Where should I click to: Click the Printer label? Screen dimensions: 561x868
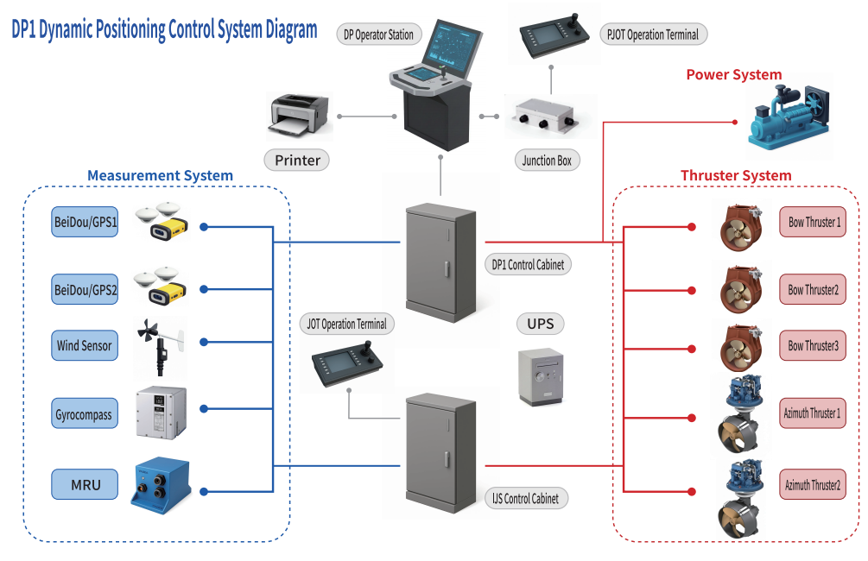point(297,160)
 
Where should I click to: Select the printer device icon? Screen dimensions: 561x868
point(299,116)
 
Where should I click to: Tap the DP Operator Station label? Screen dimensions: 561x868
point(379,35)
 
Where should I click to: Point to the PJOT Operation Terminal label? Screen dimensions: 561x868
point(653,35)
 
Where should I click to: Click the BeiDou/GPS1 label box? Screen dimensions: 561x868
point(86,221)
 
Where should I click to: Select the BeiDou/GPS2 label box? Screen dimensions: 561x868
point(86,289)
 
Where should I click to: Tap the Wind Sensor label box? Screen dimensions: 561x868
point(85,345)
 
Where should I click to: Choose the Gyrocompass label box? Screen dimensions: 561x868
point(84,414)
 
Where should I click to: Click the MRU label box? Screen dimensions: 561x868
point(85,484)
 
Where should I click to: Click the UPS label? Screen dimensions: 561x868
point(541,325)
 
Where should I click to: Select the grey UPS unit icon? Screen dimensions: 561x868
point(540,377)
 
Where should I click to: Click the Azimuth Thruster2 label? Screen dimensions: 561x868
point(813,484)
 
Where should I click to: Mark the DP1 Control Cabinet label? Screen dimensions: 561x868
point(528,265)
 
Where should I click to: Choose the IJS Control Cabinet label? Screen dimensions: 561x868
point(525,498)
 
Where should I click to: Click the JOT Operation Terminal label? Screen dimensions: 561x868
point(346,325)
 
